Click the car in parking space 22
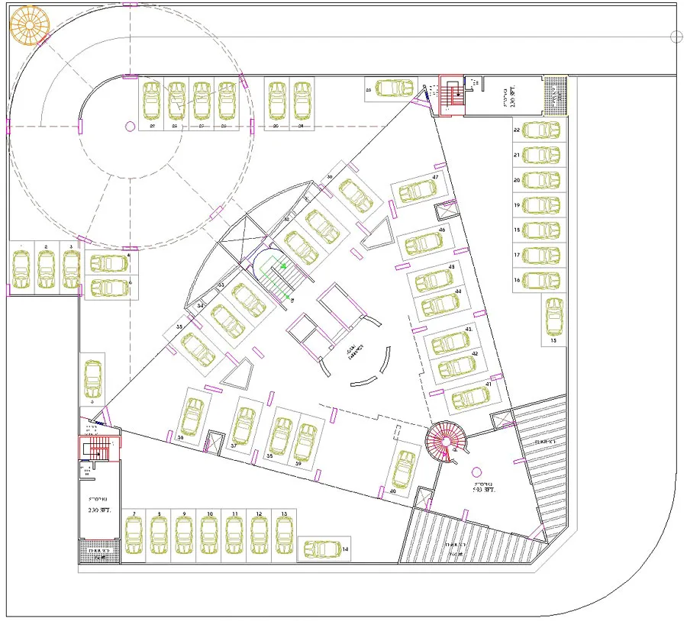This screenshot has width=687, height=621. point(542,130)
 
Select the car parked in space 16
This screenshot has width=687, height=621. point(542,280)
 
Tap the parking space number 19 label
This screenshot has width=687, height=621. point(517,205)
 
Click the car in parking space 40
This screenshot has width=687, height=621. point(404,468)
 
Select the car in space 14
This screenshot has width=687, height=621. point(321,549)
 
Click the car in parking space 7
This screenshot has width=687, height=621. point(134,536)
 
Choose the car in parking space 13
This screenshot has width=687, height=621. point(285,536)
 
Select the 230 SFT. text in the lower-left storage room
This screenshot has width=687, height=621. point(99,510)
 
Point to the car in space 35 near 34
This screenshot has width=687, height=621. point(198,349)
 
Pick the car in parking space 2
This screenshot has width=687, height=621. point(46,268)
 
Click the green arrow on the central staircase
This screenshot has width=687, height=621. point(284,266)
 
